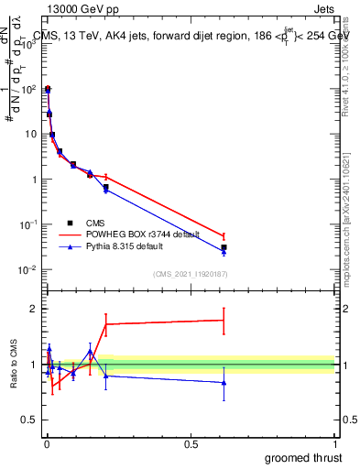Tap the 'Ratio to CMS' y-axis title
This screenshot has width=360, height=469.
[15, 365]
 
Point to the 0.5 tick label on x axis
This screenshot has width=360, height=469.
[191, 442]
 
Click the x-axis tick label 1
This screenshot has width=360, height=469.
[335, 442]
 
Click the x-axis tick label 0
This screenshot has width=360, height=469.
[46, 442]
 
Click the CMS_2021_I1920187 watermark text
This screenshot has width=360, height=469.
[190, 274]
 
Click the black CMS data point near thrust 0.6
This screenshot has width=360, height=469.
[224, 247]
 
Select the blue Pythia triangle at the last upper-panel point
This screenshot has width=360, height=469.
[224, 252]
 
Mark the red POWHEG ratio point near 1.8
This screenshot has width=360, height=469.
[224, 320]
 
